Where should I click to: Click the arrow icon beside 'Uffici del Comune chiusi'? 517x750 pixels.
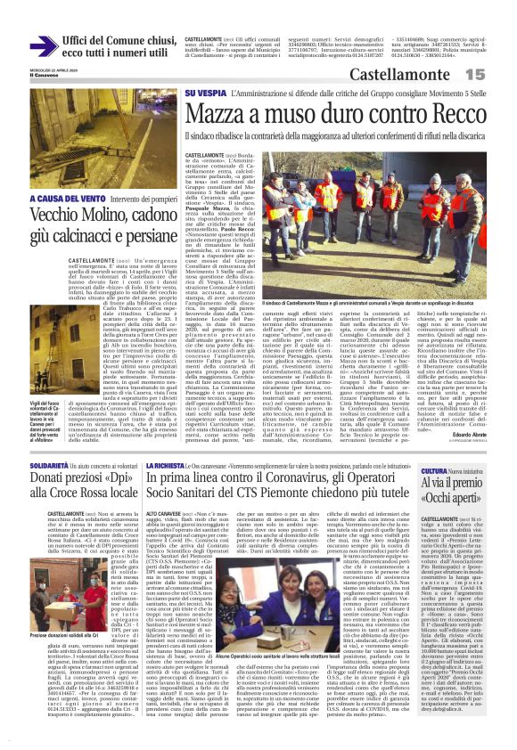pyautogui.click(x=43, y=45)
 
